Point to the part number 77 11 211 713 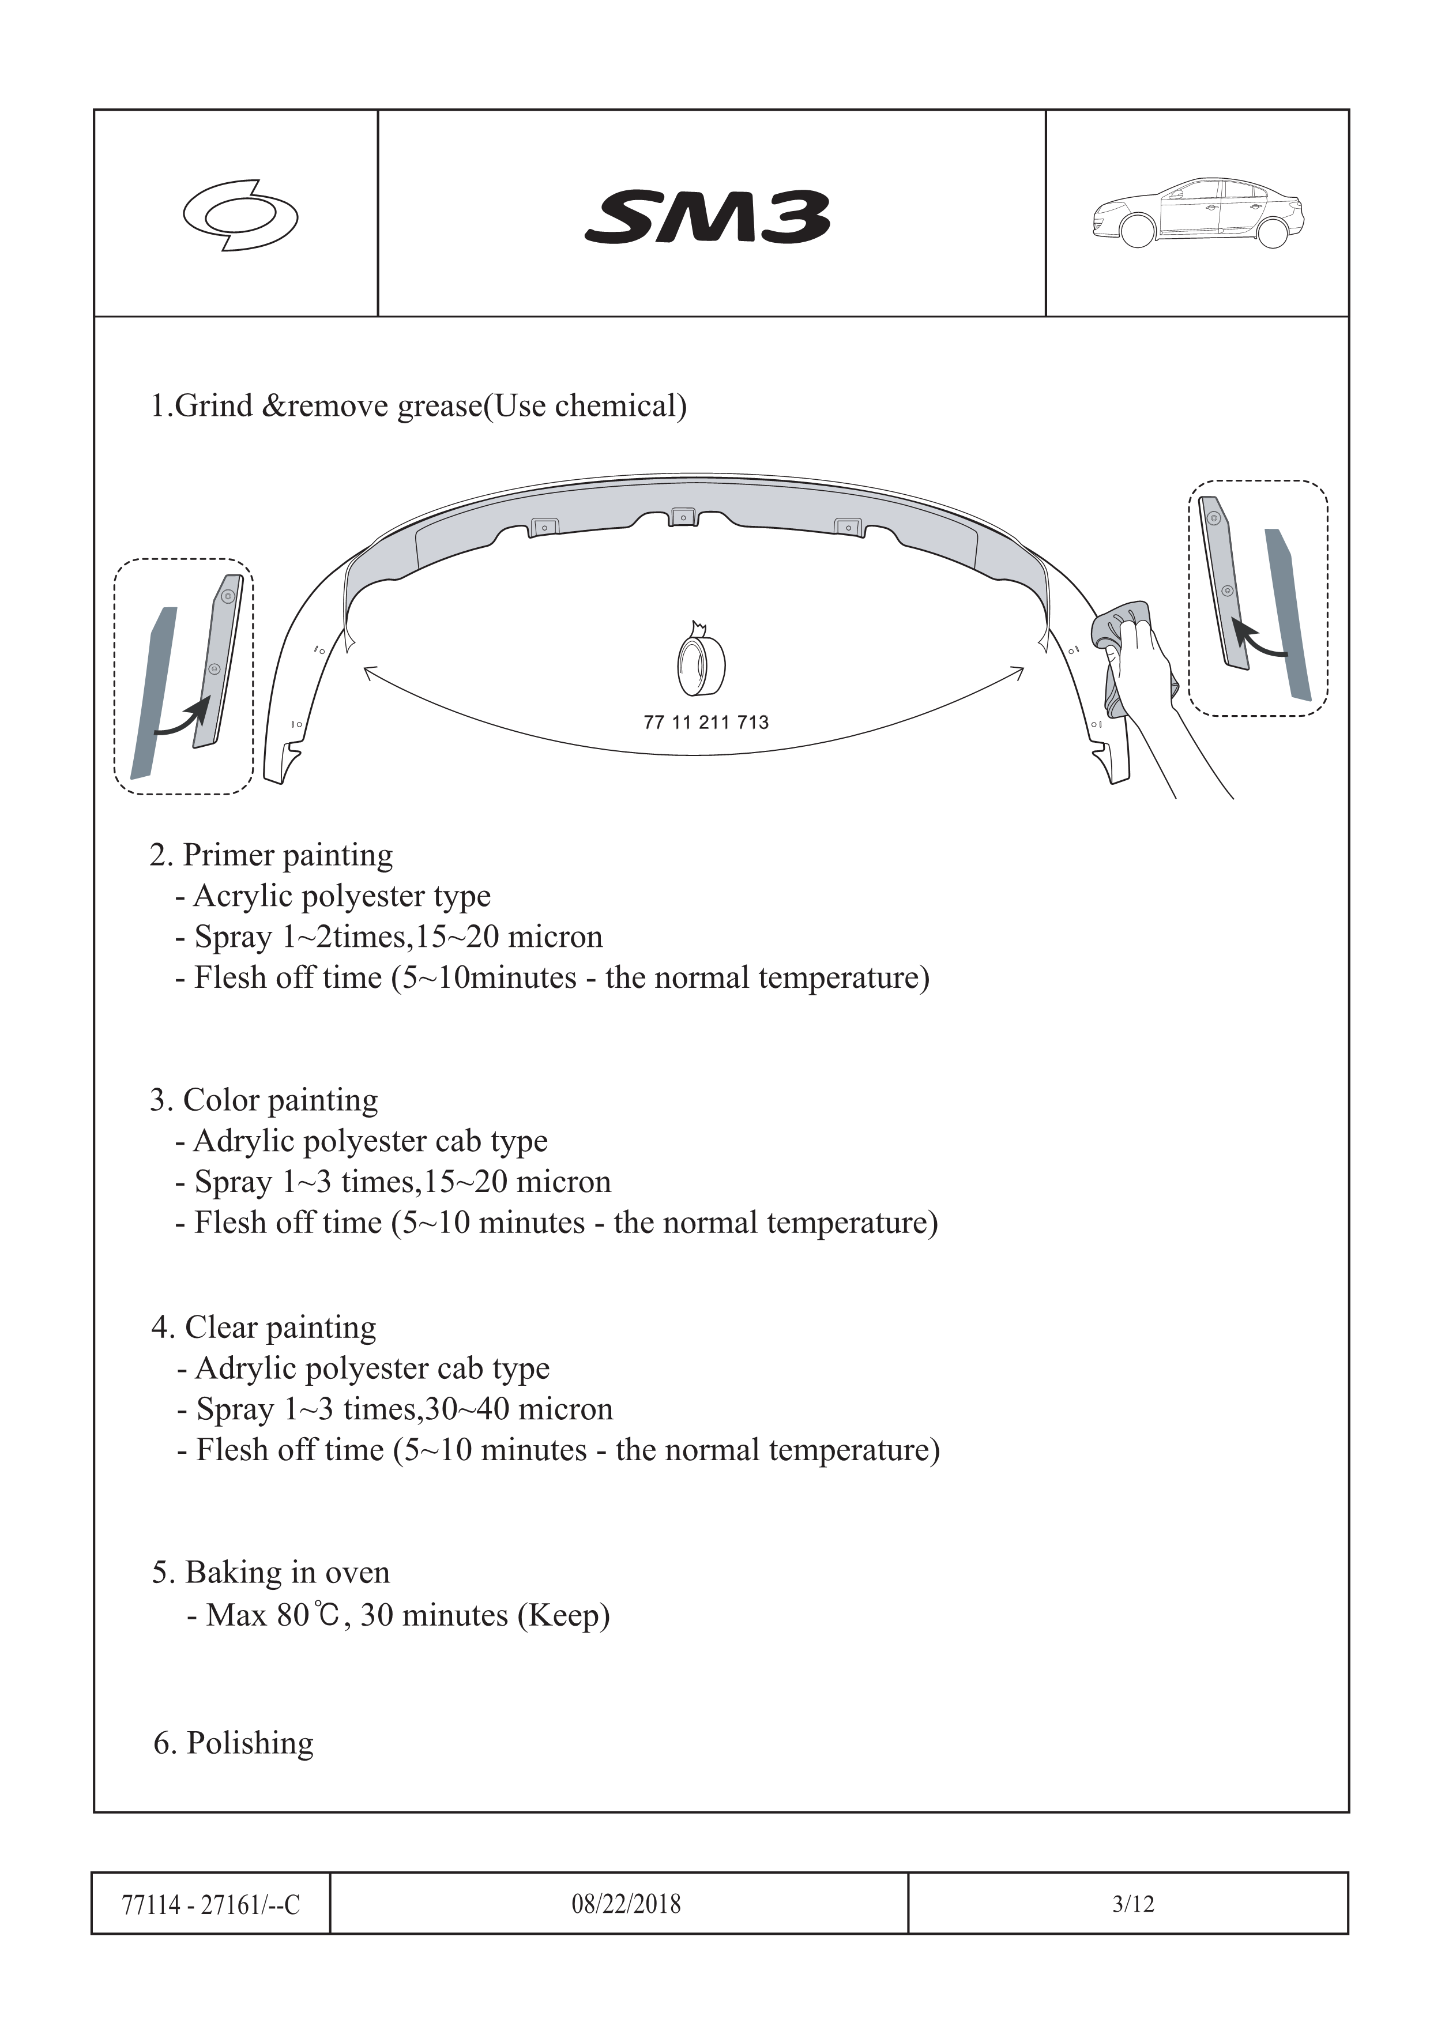click(706, 723)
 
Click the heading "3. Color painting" click(264, 1100)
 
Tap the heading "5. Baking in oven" click(270, 1573)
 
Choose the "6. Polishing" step click(234, 1743)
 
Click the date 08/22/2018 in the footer click(626, 1904)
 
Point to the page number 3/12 click(1133, 1904)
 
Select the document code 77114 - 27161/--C click(210, 1905)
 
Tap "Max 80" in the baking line click(257, 1615)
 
